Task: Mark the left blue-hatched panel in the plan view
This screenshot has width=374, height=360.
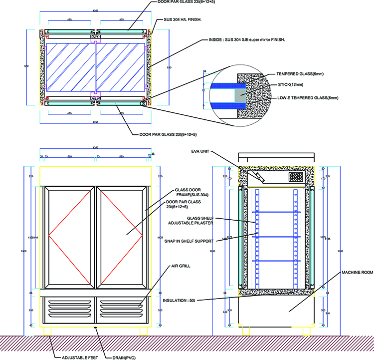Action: click(69, 67)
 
